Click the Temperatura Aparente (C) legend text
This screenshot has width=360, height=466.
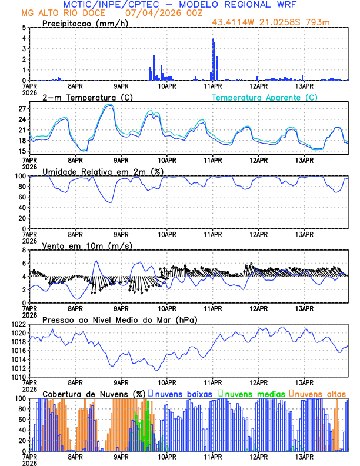(265, 97)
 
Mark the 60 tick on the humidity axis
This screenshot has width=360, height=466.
(21, 197)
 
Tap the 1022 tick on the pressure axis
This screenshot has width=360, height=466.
(18, 324)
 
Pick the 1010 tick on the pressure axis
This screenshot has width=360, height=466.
(18, 377)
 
